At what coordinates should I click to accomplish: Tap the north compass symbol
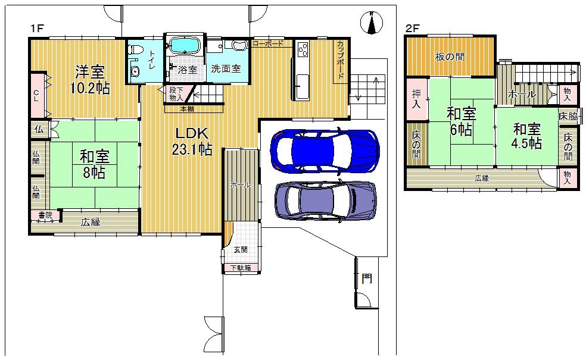click(372, 24)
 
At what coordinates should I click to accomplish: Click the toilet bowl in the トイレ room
click(135, 50)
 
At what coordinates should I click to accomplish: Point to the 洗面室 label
click(226, 68)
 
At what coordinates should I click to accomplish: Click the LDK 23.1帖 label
click(192, 142)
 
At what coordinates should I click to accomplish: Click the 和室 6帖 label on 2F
click(461, 121)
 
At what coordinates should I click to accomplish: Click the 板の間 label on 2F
click(450, 57)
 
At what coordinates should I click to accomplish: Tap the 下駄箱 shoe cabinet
click(241, 268)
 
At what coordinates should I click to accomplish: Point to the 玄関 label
click(240, 250)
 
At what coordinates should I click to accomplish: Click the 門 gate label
click(367, 278)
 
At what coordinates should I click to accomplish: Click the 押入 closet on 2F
click(416, 99)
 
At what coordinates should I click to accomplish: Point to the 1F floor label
click(38, 28)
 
